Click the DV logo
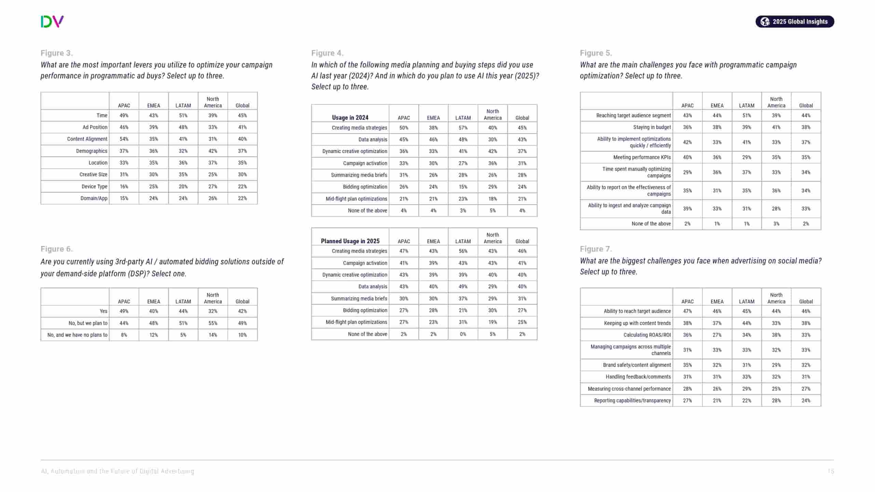pyautogui.click(x=52, y=22)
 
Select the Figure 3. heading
pyautogui.click(x=57, y=53)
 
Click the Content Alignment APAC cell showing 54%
pyautogui.click(x=124, y=139)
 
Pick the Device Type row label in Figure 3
pyautogui.click(x=94, y=187)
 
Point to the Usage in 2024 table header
pyautogui.click(x=350, y=118)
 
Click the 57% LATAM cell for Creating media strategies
pyautogui.click(x=463, y=128)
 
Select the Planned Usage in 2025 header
pyautogui.click(x=350, y=241)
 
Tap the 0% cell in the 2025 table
pyautogui.click(x=463, y=334)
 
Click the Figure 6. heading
pyautogui.click(x=57, y=249)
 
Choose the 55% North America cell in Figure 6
pyautogui.click(x=213, y=323)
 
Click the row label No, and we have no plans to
pyautogui.click(x=77, y=335)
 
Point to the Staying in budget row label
pyautogui.click(x=652, y=127)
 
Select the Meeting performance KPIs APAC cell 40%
pyautogui.click(x=687, y=158)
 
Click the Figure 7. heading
pyautogui.click(x=596, y=249)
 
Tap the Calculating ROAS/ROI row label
pyautogui.click(x=647, y=335)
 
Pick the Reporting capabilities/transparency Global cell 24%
pyautogui.click(x=806, y=400)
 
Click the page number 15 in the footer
pyautogui.click(x=831, y=471)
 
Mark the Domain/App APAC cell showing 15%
pyautogui.click(x=124, y=198)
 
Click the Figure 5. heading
pyautogui.click(x=596, y=53)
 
